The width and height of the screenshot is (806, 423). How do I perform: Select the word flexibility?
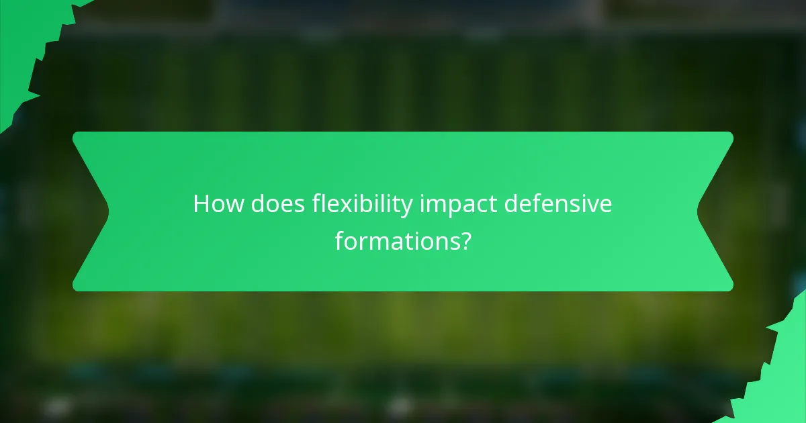pyautogui.click(x=362, y=204)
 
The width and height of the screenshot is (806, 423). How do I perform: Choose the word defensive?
pyautogui.click(x=558, y=204)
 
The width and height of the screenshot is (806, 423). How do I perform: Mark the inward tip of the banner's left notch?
pyautogui.click(x=108, y=211)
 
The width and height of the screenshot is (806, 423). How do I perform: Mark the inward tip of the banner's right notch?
pyautogui.click(x=698, y=211)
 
